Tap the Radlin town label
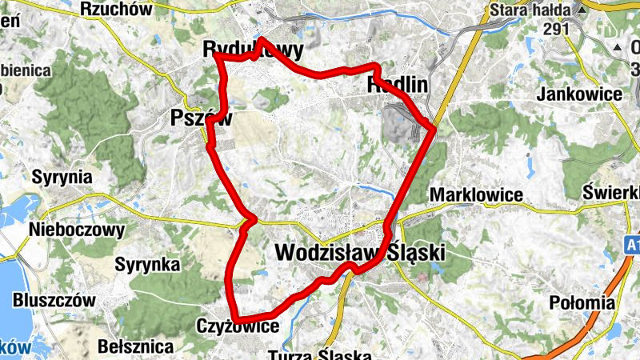pyautogui.click(x=398, y=84)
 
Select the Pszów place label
pyautogui.click(x=201, y=118)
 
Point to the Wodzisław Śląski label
pyautogui.click(x=359, y=252)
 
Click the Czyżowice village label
pyautogui.click(x=238, y=326)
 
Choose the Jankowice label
pyautogui.click(x=581, y=94)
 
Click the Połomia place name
pyautogui.click(x=583, y=302)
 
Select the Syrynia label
pyautogui.click(x=62, y=177)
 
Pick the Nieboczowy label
pyautogui.click(x=77, y=230)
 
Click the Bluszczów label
pyautogui.click(x=54, y=301)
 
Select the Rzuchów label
pyautogui.click(x=116, y=10)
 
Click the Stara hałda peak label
pyautogui.click(x=530, y=10)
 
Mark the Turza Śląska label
pyautogui.click(x=320, y=354)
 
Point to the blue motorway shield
pyautogui.click(x=633, y=242)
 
